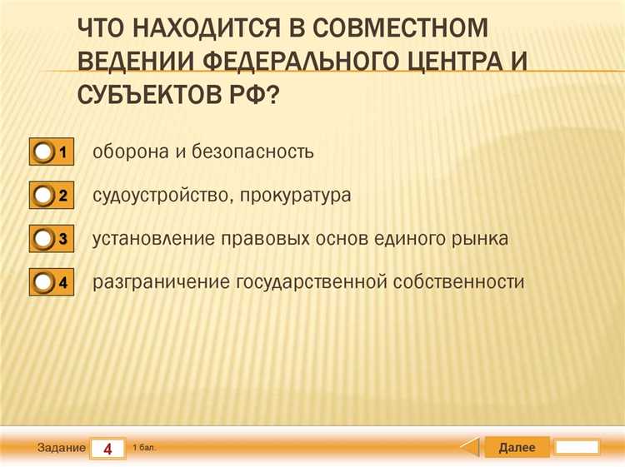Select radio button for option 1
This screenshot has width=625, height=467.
point(43,153)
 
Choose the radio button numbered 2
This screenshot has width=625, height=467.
point(43,196)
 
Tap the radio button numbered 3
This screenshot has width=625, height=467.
point(43,239)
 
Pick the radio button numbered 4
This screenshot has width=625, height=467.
point(43,282)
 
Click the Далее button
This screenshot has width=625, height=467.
point(517,448)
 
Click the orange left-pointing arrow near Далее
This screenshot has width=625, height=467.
point(472,448)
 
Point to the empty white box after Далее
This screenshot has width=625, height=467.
point(577,448)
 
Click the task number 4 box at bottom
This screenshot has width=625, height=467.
point(107,449)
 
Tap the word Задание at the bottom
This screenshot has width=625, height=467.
point(62,448)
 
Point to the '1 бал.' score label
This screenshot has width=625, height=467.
point(144,448)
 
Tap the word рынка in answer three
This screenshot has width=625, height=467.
point(480,239)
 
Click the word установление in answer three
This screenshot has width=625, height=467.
point(153,239)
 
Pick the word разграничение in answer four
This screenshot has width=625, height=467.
point(162,282)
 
